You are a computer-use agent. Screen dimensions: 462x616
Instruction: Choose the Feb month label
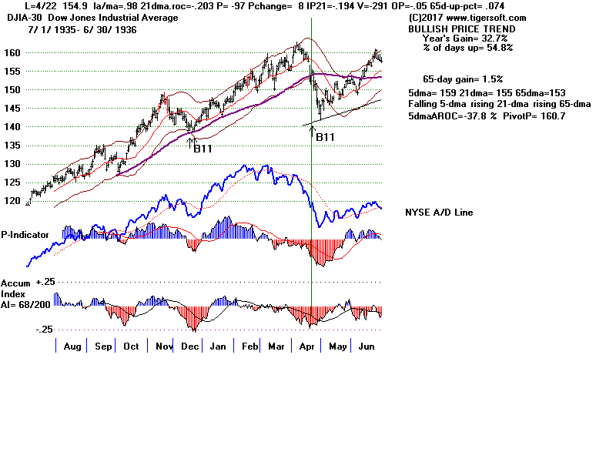click(250, 346)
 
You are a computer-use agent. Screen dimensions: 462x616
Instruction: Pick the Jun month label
click(367, 346)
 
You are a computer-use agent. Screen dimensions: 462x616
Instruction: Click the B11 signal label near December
click(203, 149)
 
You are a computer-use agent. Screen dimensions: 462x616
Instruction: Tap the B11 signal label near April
click(325, 137)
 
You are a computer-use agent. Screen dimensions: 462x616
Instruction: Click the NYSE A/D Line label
click(439, 213)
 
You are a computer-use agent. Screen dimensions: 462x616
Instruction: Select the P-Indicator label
click(25, 234)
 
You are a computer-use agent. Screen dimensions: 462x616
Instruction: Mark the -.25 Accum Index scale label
click(43, 329)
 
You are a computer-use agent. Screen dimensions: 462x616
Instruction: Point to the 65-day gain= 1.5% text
click(462, 79)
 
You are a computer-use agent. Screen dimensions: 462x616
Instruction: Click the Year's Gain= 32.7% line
click(467, 38)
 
